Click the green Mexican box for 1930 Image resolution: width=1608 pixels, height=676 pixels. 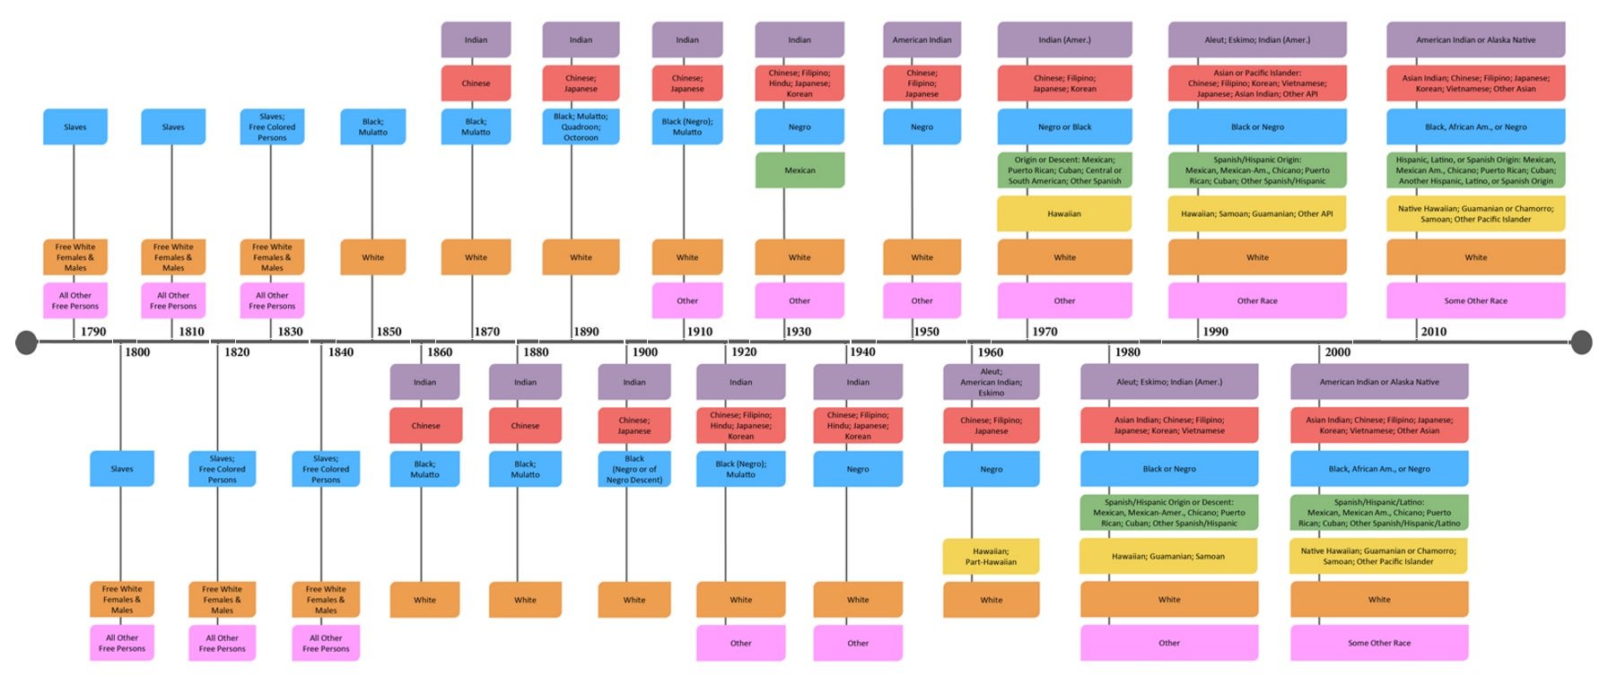pos(800,170)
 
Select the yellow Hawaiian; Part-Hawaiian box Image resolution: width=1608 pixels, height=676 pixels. pos(991,557)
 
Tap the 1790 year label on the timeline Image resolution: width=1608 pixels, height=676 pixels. pos(93,332)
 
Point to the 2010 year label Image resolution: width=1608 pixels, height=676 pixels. pos(1433,332)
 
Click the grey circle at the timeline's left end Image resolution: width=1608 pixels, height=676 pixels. pos(27,342)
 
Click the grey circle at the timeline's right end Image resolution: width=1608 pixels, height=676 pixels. pos(1581,342)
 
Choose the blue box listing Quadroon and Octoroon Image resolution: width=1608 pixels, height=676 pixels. pos(581,126)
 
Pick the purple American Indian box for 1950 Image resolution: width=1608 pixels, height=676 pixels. pos(922,40)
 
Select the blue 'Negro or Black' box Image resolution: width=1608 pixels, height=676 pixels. pos(1064,127)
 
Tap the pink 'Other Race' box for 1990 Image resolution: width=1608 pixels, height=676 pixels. pos(1257,301)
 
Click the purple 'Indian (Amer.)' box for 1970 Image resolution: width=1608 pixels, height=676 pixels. pos(1064,40)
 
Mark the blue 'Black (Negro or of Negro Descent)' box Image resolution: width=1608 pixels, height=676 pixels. pos(634,469)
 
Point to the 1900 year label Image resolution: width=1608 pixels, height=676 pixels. pos(644,352)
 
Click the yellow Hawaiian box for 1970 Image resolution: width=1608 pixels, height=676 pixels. pos(1064,214)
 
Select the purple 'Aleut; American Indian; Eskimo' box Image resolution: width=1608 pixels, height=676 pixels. pos(991,382)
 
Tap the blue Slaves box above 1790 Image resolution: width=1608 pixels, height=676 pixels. pos(75,127)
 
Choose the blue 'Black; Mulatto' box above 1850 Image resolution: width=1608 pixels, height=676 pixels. pos(372,127)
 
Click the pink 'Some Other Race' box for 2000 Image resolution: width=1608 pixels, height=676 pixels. pos(1379,643)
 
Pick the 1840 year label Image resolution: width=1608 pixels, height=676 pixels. pos(340,352)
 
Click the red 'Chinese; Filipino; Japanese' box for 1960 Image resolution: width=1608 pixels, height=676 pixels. pos(991,426)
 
